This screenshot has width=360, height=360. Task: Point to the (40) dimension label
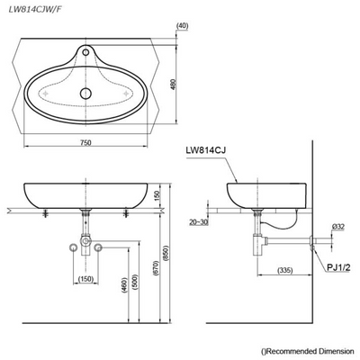click(183, 26)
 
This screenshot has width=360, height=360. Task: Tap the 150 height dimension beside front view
click(158, 196)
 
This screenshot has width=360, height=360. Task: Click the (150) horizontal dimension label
click(86, 278)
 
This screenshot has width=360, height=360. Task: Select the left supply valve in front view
click(74, 247)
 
